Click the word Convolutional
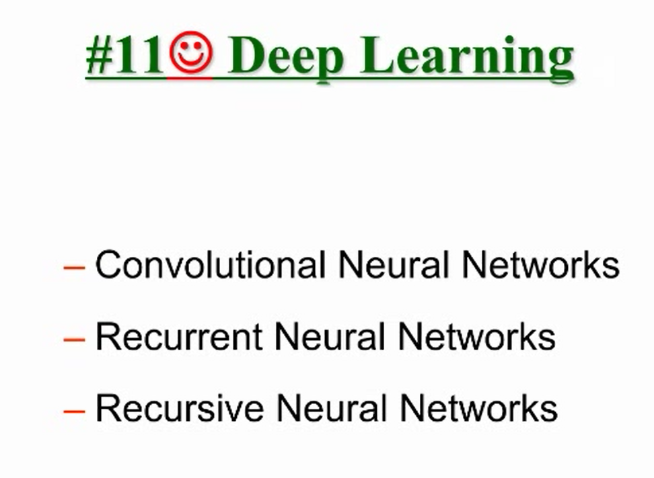tap(211, 265)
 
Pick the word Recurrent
tap(178, 337)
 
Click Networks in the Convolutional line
tap(540, 265)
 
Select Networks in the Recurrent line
tap(476, 337)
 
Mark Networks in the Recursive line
tap(478, 408)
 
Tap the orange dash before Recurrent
tap(74, 340)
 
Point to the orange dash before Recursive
tap(74, 411)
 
